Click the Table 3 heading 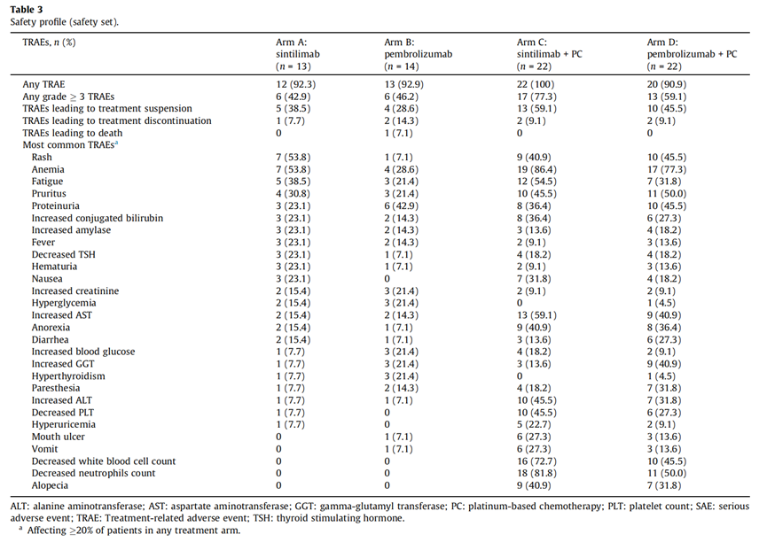coord(26,9)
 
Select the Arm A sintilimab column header coord(297,54)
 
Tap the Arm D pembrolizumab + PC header coord(692,54)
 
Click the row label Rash coord(42,157)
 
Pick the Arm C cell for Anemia coord(536,169)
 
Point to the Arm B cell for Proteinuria coord(401,205)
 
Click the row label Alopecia coord(50,485)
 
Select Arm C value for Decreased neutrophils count coord(536,473)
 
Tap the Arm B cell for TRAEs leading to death coord(398,133)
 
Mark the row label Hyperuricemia coord(64,424)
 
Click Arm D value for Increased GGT coord(664,364)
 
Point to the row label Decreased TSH coord(64,254)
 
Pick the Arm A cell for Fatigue coord(293,182)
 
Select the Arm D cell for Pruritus coord(666,194)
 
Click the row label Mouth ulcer coord(59,437)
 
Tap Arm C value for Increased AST coord(536,315)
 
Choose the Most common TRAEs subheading coord(70,144)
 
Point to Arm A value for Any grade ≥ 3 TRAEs coord(293,97)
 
